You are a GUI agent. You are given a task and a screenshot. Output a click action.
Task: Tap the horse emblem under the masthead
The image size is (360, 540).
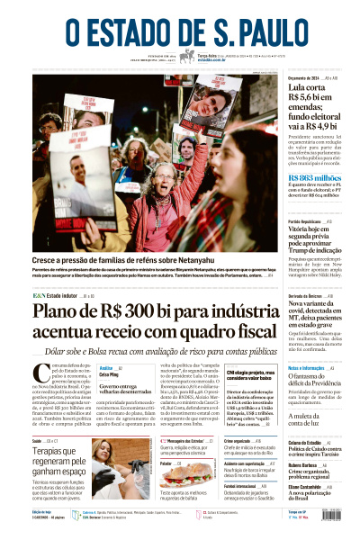187,56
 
